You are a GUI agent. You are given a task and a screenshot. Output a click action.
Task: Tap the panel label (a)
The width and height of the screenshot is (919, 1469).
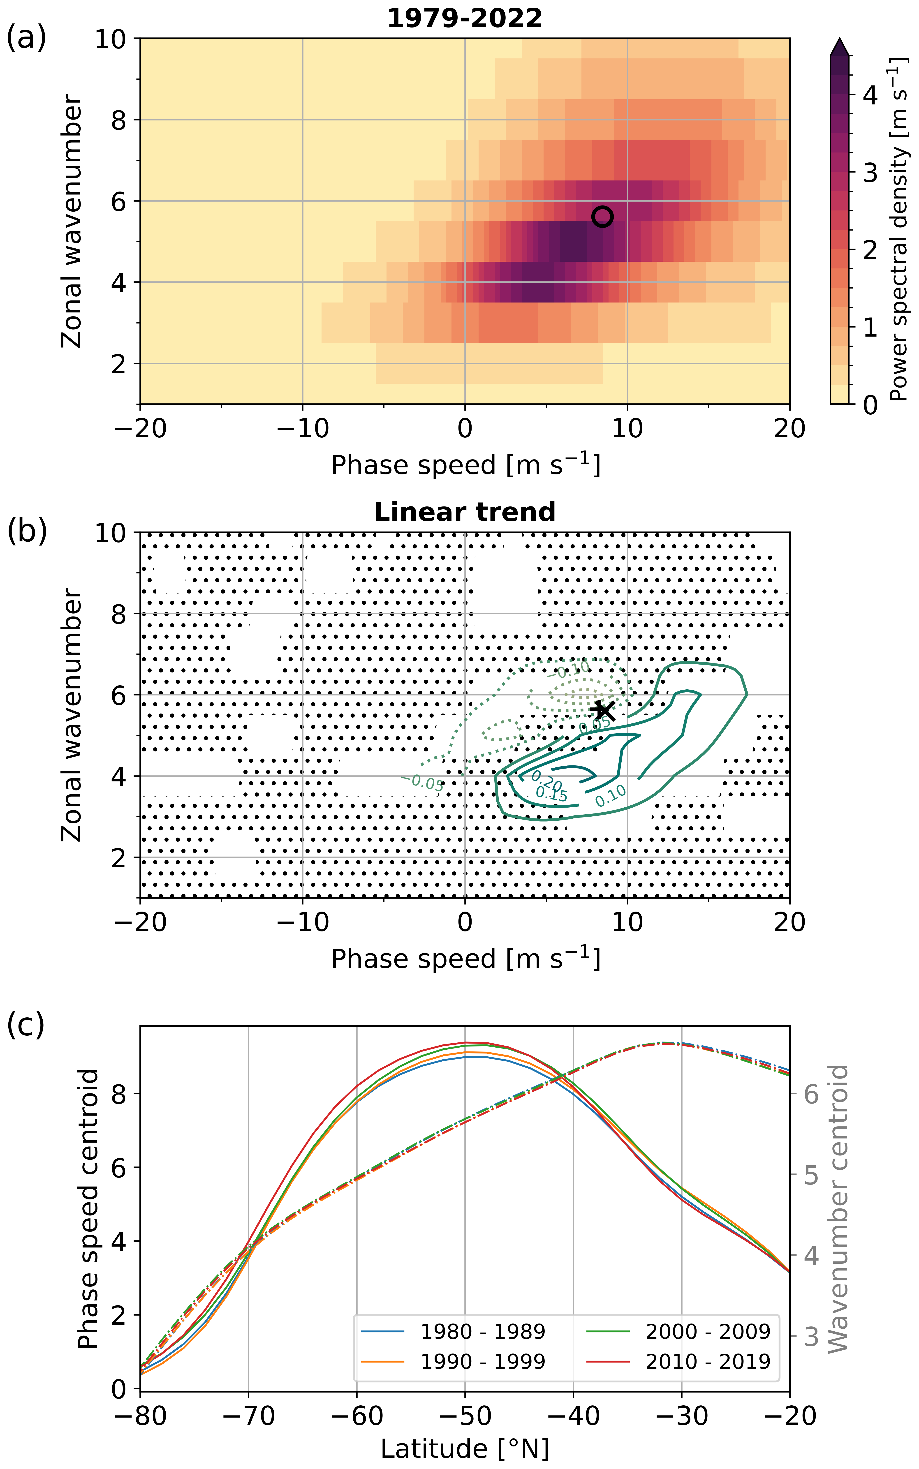tap(26, 38)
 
